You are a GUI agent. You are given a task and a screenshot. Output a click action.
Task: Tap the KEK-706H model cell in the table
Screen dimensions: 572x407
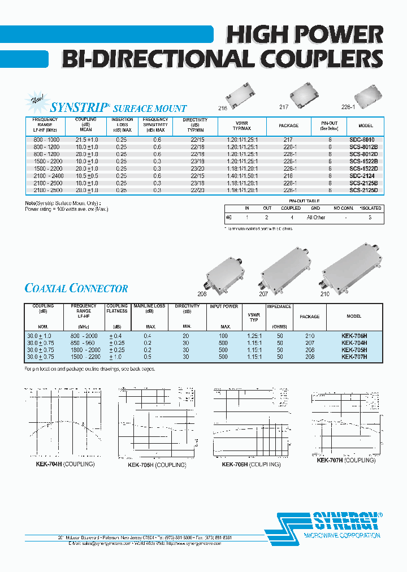(x=354, y=336)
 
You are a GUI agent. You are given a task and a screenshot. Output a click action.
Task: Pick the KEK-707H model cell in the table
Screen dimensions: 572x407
(x=354, y=357)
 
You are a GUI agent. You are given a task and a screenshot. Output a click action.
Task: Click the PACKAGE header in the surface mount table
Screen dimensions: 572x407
(x=289, y=125)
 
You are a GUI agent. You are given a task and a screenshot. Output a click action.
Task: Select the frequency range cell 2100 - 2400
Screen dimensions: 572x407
(x=45, y=176)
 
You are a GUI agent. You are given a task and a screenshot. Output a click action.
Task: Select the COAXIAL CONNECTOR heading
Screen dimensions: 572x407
(x=76, y=289)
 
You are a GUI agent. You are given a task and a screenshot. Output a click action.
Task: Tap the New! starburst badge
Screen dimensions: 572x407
(x=38, y=102)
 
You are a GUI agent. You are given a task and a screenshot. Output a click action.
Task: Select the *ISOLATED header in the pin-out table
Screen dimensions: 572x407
(x=370, y=208)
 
